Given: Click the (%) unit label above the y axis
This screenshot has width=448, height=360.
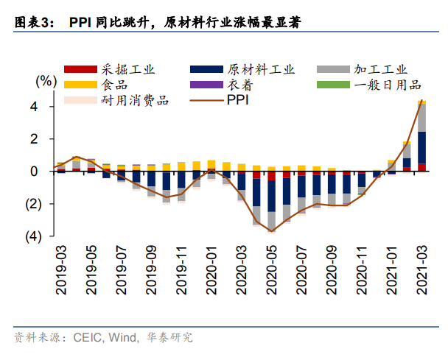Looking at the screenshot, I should pos(46,79).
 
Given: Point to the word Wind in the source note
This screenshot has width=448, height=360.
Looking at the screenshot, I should pos(124,338).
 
